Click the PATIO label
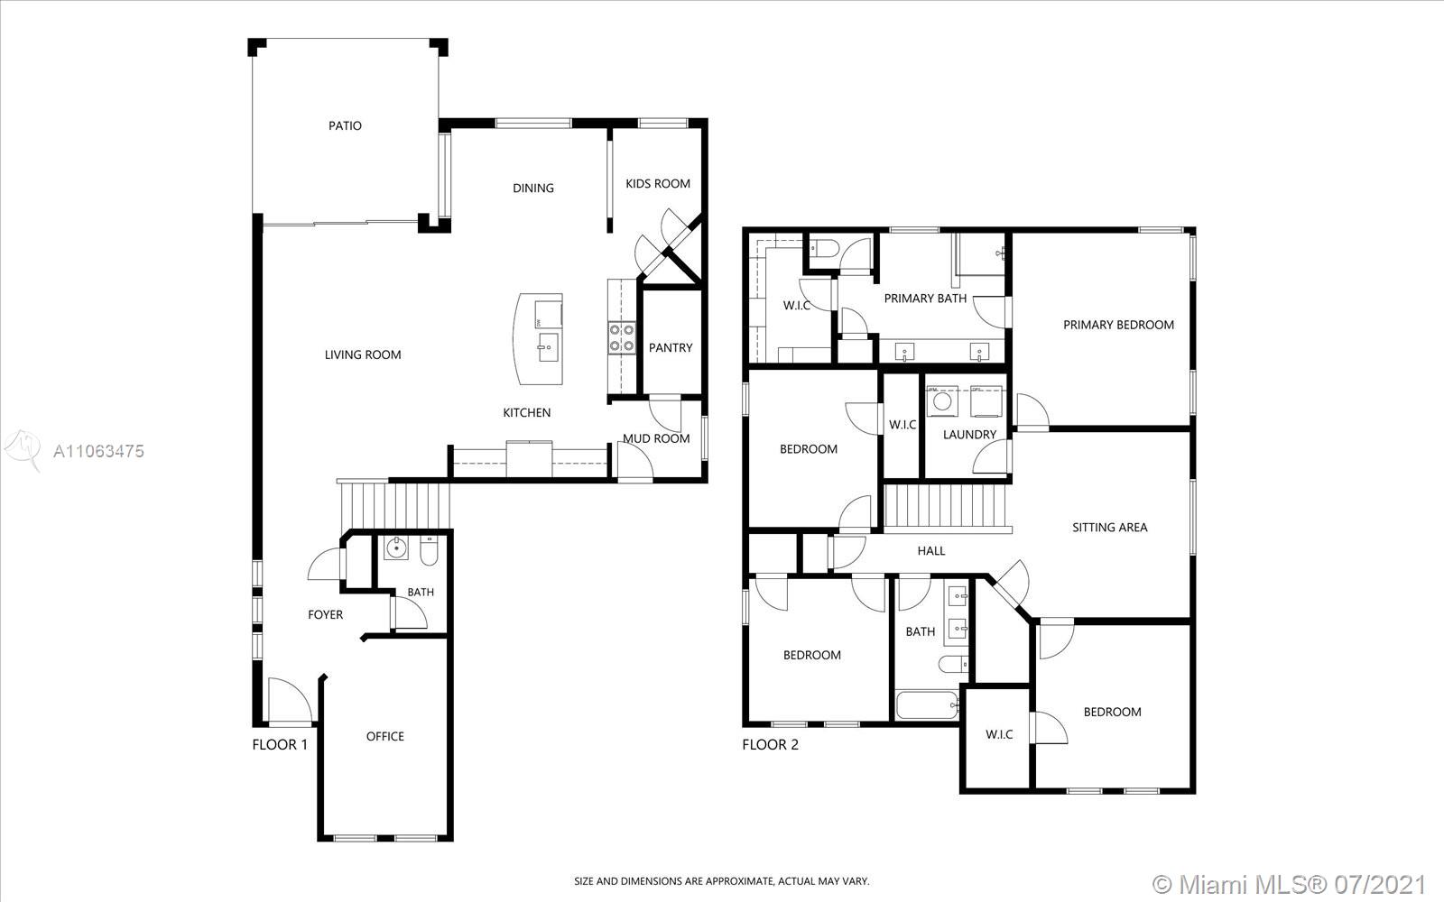point(345,125)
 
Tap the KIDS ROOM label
point(658,184)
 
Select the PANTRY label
point(671,348)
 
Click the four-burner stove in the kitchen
point(622,338)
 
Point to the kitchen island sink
point(548,347)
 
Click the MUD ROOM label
point(656,438)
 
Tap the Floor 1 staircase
point(394,505)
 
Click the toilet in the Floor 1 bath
point(430,551)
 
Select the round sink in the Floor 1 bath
point(396,548)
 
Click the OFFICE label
point(384,736)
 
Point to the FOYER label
point(325,614)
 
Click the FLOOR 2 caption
point(770,745)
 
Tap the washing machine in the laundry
point(942,401)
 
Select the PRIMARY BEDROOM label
point(1118,325)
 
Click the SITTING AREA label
point(1109,528)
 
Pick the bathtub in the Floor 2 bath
point(927,706)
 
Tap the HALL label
point(930,551)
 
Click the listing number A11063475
point(98,451)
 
